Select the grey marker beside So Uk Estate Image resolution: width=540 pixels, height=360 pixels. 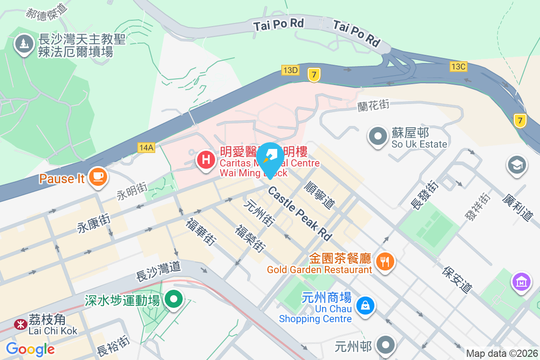click(378, 136)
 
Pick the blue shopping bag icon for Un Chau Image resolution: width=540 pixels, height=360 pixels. click(365, 306)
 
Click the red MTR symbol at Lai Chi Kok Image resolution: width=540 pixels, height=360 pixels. click(20, 324)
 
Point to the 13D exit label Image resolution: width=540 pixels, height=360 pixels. click(290, 70)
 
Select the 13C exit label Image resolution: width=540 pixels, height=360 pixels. click(458, 67)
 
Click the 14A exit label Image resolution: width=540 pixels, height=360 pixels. click(147, 147)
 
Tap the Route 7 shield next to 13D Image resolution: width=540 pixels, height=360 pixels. click(314, 74)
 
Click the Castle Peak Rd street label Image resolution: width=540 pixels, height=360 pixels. click(300, 213)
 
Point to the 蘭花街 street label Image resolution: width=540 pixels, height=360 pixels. click(373, 106)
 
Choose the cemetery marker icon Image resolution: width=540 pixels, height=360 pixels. click(22, 44)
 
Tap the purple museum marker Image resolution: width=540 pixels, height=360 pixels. click(522, 282)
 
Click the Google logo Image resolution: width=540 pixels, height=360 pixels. click(30, 349)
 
